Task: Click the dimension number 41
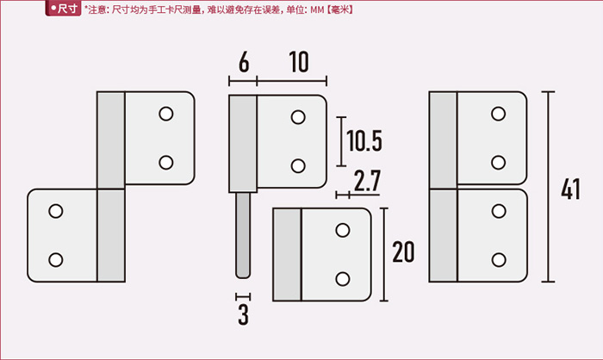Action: pyautogui.click(x=570, y=189)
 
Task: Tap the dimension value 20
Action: pyautogui.click(x=403, y=252)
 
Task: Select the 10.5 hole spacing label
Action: pyautogui.click(x=364, y=140)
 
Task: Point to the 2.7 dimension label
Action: pyautogui.click(x=367, y=180)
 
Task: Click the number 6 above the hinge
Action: pyautogui.click(x=244, y=61)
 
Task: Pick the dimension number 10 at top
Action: pyautogui.click(x=299, y=61)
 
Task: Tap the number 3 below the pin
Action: pyautogui.click(x=243, y=314)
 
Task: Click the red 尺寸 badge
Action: pyautogui.click(x=63, y=9)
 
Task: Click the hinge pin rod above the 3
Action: pyautogui.click(x=243, y=235)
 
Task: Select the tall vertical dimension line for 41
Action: pyautogui.click(x=548, y=187)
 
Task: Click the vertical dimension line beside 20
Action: pyautogui.click(x=384, y=254)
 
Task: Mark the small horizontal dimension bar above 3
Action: pyautogui.click(x=243, y=296)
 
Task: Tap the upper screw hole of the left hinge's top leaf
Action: pyautogui.click(x=166, y=114)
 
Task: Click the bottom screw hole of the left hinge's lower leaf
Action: pyautogui.click(x=56, y=259)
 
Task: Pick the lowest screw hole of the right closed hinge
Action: pyautogui.click(x=499, y=259)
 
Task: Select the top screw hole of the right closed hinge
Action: pyautogui.click(x=499, y=114)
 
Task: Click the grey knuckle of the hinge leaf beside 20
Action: pyautogui.click(x=287, y=254)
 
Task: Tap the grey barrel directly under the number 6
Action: pyautogui.click(x=243, y=144)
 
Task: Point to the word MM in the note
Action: pyautogui.click(x=317, y=9)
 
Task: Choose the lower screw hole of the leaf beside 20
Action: pyautogui.click(x=343, y=279)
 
